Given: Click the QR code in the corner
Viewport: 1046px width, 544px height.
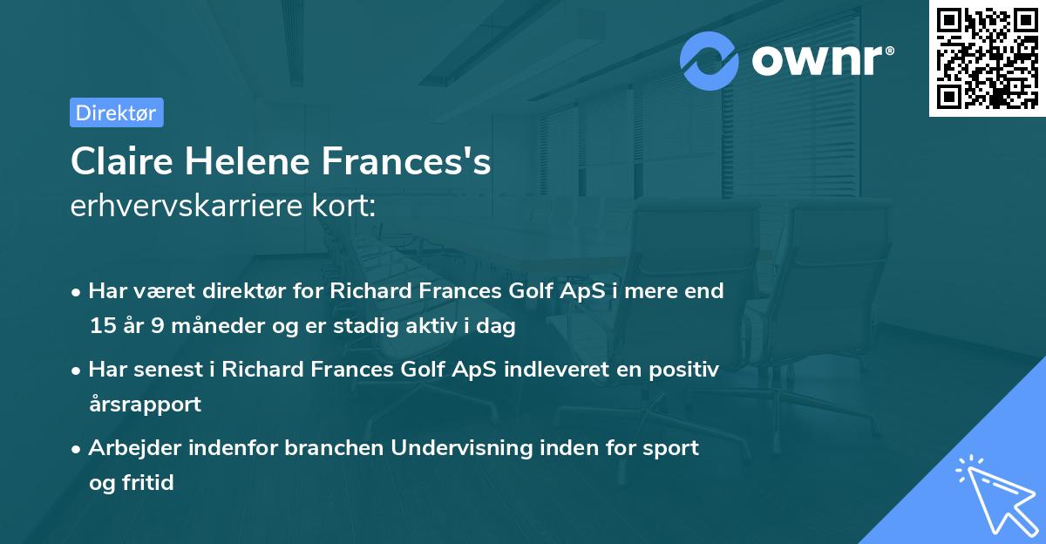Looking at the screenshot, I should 987,58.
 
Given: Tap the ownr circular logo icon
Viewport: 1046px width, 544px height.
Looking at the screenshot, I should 710,60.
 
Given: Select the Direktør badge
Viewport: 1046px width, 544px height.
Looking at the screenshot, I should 116,112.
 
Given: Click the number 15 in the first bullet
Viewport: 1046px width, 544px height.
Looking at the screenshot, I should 102,326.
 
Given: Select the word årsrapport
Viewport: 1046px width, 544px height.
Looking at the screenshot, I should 145,404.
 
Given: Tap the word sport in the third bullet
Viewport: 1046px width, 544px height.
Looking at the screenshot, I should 670,447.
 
